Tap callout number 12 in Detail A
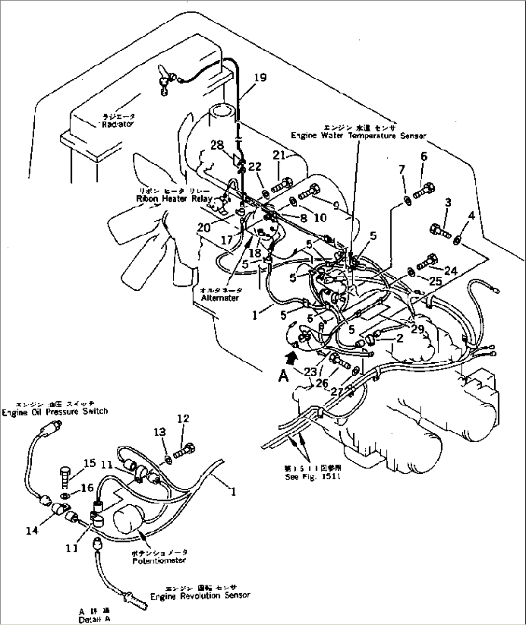coord(183,418)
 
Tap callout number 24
coord(450,271)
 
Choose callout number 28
coord(217,144)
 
